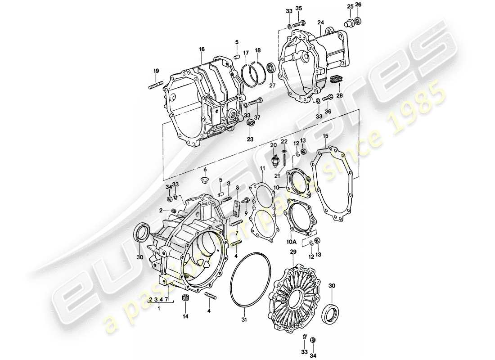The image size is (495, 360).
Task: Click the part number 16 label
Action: [x=202, y=49]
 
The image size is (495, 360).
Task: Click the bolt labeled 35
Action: [x=299, y=23]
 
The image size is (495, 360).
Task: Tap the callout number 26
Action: [x=358, y=5]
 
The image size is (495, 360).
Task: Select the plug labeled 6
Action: [x=205, y=180]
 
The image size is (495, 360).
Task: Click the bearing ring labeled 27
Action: [x=271, y=68]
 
